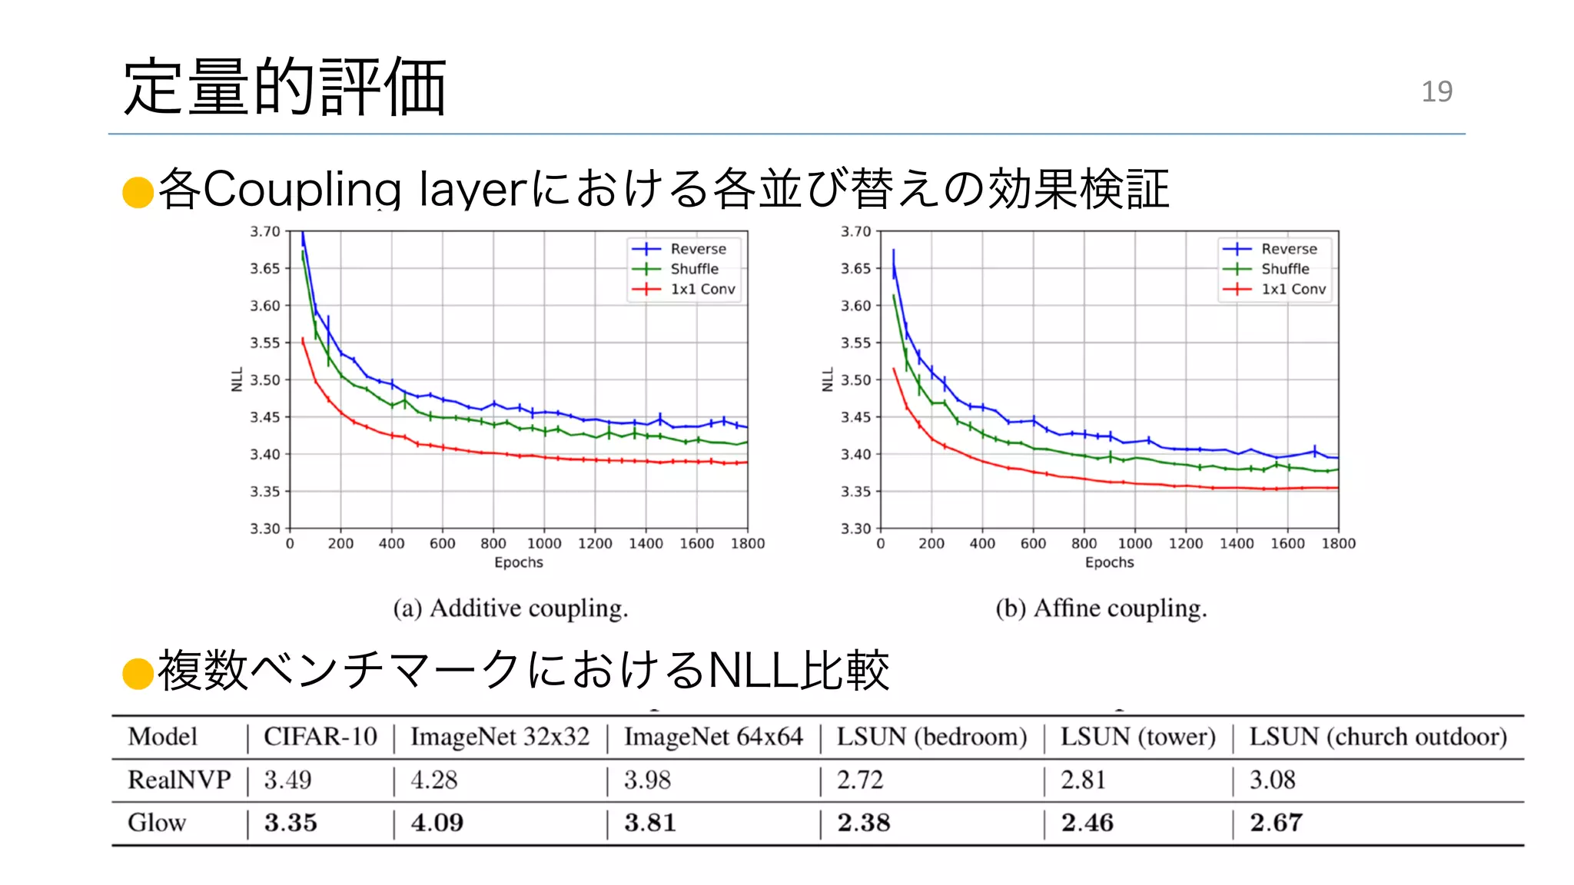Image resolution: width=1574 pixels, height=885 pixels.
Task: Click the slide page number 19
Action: pyautogui.click(x=1436, y=91)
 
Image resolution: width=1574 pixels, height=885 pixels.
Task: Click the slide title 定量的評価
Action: pyautogui.click(x=284, y=87)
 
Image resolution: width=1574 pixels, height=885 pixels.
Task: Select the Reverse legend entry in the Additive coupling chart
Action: pyautogui.click(x=697, y=249)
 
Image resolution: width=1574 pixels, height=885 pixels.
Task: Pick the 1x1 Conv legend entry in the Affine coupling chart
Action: pyautogui.click(x=1293, y=290)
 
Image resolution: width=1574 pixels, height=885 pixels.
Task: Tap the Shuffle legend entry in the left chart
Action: pyautogui.click(x=694, y=269)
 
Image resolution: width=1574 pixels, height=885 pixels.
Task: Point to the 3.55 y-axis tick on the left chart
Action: pyautogui.click(x=265, y=343)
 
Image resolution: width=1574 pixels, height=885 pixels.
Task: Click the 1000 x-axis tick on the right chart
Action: pyautogui.click(x=1134, y=544)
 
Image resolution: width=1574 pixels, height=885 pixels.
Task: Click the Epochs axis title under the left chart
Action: pyautogui.click(x=518, y=562)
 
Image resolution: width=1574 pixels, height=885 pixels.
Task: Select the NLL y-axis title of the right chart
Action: pyautogui.click(x=828, y=380)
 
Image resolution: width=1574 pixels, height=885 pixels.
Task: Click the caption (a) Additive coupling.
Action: pyautogui.click(x=510, y=608)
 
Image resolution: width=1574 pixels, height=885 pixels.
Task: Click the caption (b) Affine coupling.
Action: pyautogui.click(x=1101, y=608)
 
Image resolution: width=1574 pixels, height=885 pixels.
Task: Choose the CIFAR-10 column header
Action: pyautogui.click(x=320, y=737)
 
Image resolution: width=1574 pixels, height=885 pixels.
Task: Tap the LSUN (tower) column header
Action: pyautogui.click(x=1137, y=737)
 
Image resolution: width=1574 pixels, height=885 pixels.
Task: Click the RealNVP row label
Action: pyautogui.click(x=179, y=780)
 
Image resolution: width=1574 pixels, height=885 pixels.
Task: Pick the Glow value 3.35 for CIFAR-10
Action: pyautogui.click(x=291, y=823)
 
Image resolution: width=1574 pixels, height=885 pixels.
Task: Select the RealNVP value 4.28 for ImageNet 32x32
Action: pyautogui.click(x=433, y=780)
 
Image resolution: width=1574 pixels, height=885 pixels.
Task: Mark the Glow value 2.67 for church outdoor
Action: pyautogui.click(x=1276, y=823)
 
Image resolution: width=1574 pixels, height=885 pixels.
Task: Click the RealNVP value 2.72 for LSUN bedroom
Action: pyautogui.click(x=860, y=780)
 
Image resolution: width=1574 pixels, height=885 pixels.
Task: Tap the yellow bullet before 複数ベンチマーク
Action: pyautogui.click(x=138, y=673)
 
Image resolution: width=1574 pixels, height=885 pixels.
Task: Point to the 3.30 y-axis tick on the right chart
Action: pyautogui.click(x=855, y=529)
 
